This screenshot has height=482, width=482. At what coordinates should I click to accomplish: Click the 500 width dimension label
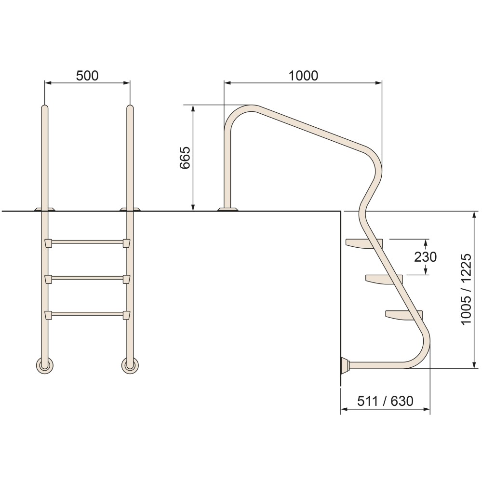pos(87,76)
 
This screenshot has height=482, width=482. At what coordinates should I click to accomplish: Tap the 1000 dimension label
pos(303,76)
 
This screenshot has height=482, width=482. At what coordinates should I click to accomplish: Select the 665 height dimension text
pos(185,158)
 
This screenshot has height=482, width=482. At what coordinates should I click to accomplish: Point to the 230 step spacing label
pos(425,257)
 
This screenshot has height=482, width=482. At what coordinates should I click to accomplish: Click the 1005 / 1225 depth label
pos(466,289)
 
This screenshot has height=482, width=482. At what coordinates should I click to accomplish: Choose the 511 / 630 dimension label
pos(385,401)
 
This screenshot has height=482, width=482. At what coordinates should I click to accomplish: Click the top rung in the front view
pos(88,242)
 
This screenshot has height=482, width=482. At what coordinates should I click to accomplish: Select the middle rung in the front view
pos(88,278)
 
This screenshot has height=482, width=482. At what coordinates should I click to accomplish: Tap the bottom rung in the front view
pos(88,314)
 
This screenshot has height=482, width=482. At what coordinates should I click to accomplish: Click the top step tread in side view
pos(364,243)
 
